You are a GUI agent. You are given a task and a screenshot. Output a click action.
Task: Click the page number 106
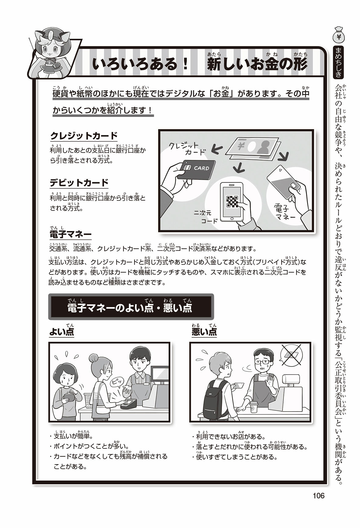319,496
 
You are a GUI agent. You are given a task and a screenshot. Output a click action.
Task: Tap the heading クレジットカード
84,136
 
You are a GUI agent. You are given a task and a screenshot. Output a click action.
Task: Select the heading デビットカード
79,183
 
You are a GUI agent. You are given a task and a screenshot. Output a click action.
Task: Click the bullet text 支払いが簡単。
73,436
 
